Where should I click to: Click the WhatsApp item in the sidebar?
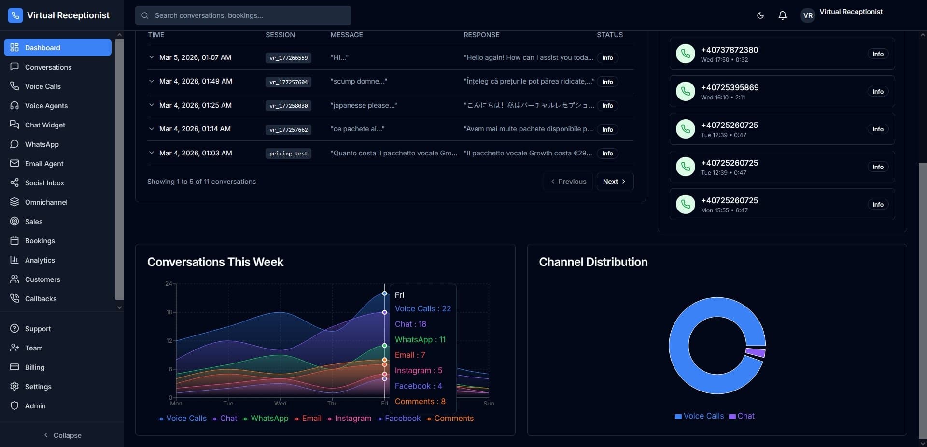click(42, 144)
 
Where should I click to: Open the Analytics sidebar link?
click(40, 260)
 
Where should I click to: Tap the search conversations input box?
click(243, 15)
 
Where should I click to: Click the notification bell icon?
click(783, 15)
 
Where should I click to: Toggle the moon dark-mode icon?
click(760, 15)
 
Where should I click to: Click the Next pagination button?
click(615, 182)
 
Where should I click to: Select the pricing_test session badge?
click(288, 154)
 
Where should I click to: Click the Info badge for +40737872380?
click(878, 54)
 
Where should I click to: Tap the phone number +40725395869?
click(730, 87)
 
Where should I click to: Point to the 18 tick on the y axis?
click(169, 312)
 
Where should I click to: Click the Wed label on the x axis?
click(280, 404)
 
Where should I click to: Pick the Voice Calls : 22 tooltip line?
click(422, 309)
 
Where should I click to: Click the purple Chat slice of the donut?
click(756, 352)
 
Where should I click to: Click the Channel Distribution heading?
click(593, 262)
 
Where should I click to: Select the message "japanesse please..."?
click(364, 105)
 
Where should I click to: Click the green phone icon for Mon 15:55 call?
click(685, 204)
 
